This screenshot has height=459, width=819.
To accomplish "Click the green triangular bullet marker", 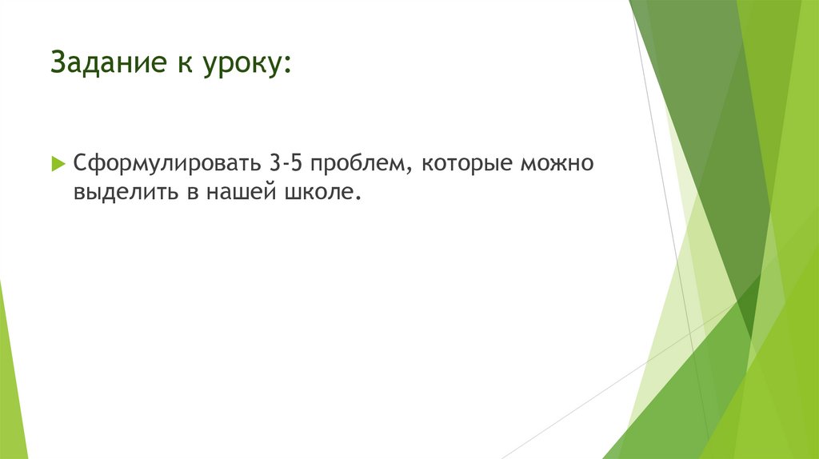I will [58, 164].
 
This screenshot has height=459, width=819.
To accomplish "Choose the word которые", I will [464, 165].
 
